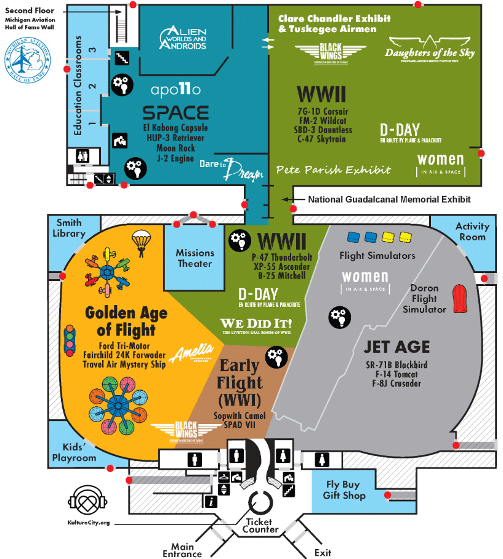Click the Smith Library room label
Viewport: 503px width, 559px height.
[69, 228]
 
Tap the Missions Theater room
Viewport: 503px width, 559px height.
[195, 258]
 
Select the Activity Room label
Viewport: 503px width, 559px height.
[472, 232]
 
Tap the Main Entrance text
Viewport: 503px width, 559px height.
[182, 550]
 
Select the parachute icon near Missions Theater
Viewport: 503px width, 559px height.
[142, 242]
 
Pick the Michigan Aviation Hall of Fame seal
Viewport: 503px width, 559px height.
[26, 62]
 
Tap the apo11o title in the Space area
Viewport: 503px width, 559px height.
[176, 90]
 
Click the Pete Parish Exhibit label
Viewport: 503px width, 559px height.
[333, 169]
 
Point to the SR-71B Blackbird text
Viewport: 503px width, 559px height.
[396, 365]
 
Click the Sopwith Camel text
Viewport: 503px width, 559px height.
[240, 415]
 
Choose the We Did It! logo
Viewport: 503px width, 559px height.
[256, 325]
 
